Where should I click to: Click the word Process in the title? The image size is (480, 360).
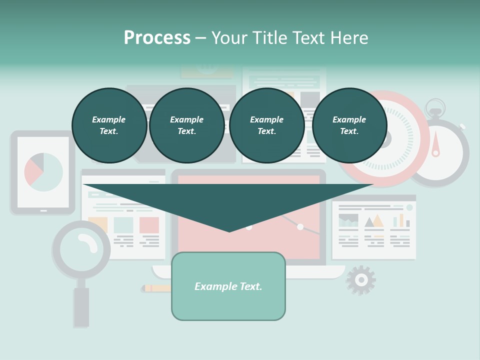click(157, 38)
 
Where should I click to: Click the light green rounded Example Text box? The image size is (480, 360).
click(228, 286)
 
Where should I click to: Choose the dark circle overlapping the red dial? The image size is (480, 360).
click(349, 125)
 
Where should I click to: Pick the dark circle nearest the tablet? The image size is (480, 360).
click(109, 125)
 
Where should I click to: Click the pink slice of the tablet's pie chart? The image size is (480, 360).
click(32, 173)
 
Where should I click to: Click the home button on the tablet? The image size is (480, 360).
click(43, 211)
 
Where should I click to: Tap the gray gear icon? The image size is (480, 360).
click(360, 280)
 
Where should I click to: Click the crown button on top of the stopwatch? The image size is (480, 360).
click(435, 106)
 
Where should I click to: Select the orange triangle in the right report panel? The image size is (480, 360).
click(378, 220)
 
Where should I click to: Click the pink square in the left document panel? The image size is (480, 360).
click(149, 225)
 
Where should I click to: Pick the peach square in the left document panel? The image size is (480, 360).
click(97, 223)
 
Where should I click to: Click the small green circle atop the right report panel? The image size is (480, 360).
click(409, 207)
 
